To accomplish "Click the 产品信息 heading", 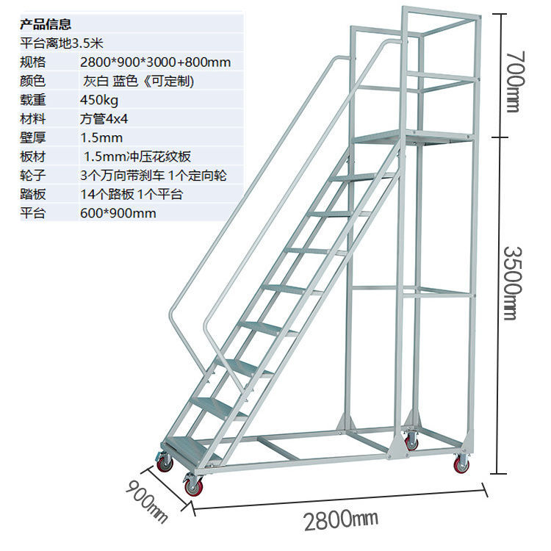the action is (x=46, y=24).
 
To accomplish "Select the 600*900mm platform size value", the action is (x=118, y=214).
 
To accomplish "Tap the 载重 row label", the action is (x=34, y=100).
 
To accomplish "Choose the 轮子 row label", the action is (x=34, y=176).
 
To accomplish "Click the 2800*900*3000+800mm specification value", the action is (x=155, y=62).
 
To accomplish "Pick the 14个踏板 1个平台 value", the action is (x=131, y=195).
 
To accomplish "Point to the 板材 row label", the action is (x=34, y=156).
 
